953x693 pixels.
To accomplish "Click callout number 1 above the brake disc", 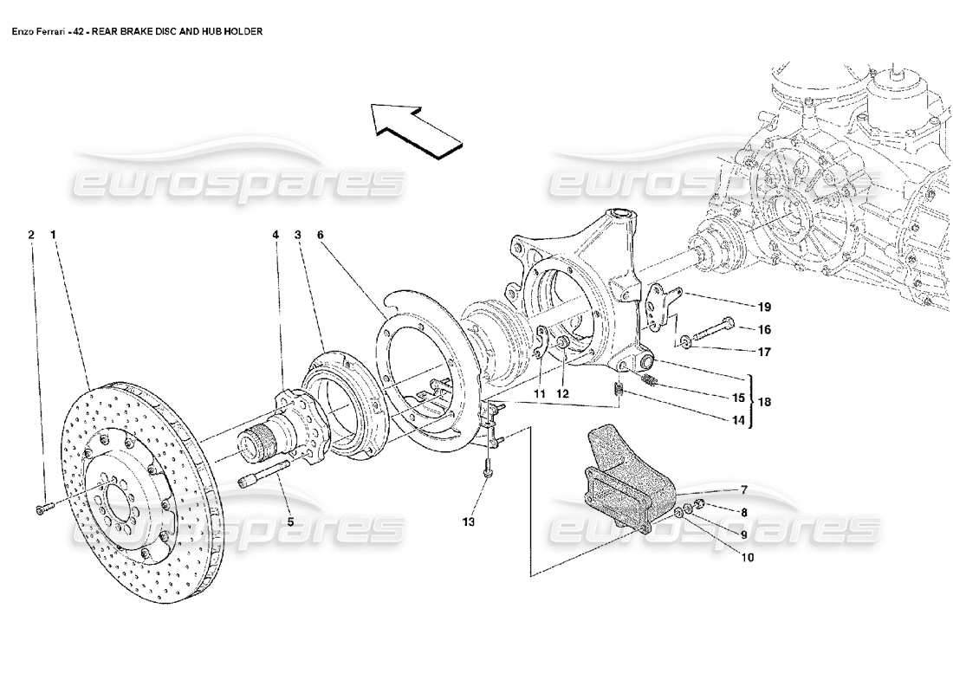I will (x=54, y=234).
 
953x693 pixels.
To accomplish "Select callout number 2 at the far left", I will (x=31, y=234).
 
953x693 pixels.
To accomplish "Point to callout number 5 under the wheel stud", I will (x=290, y=521).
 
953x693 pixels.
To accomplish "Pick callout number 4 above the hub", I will (x=276, y=234).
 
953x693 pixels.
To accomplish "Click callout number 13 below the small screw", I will (x=468, y=521).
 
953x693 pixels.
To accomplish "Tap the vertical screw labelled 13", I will (x=489, y=469).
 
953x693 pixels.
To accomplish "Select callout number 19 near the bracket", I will (x=764, y=307).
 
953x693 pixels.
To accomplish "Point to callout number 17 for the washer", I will (x=764, y=352).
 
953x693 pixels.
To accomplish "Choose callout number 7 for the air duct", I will (x=742, y=489).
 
